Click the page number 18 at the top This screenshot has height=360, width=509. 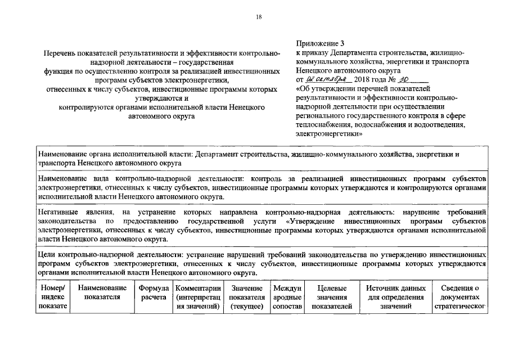click(259, 17)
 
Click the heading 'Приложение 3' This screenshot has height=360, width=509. click(319, 43)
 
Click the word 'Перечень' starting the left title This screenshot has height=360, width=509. click(61, 53)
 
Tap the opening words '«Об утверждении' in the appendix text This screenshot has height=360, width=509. click(325, 89)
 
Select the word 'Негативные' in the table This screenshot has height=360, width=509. click(57, 213)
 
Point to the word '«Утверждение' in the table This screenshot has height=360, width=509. click(303, 222)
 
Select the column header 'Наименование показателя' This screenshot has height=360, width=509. click(102, 292)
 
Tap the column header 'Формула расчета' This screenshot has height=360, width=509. click(154, 292)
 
